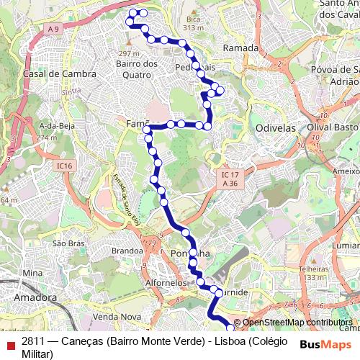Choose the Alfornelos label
tap(166, 284)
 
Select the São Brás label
tap(64, 244)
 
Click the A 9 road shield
tap(53, 28)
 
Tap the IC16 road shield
tap(65, 166)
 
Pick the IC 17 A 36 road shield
tap(230, 179)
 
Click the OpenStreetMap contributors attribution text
tap(297, 323)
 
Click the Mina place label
tap(32, 273)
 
